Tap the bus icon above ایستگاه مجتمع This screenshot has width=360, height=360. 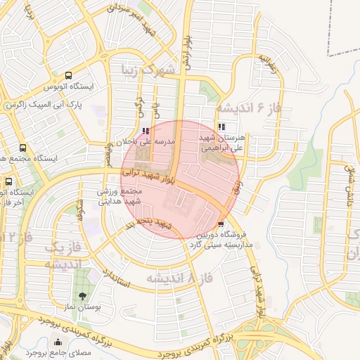[23, 148]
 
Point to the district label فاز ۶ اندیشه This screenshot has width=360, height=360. [249, 108]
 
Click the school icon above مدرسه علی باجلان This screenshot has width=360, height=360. [146, 131]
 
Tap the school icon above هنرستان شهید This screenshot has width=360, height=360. [222, 127]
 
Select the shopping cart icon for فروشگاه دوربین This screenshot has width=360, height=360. [222, 224]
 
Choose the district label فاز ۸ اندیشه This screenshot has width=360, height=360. [179, 279]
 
